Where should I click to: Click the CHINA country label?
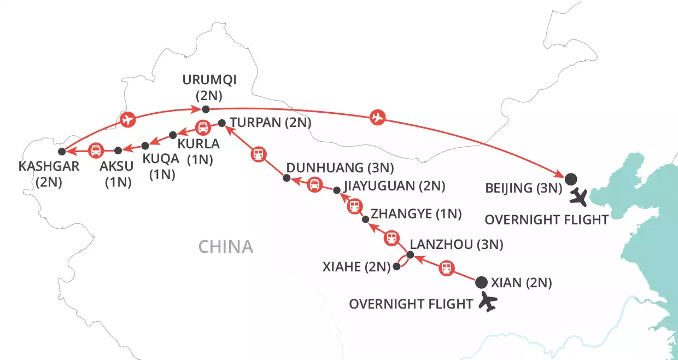[226, 247]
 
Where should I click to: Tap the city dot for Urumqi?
[206, 109]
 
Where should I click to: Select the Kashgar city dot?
[62, 151]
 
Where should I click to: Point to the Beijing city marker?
[570, 178]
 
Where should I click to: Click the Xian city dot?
[481, 282]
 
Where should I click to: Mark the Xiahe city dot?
[396, 268]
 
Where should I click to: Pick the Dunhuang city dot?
[285, 178]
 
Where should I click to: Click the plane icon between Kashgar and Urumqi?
[127, 119]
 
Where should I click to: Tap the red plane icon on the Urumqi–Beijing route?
[376, 117]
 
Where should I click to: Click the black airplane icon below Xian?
[489, 301]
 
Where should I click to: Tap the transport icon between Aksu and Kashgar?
[95, 150]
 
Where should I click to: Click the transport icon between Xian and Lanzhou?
[447, 268]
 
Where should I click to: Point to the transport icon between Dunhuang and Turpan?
[259, 154]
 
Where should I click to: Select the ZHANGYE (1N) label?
[416, 214]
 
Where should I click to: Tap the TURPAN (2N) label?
[270, 124]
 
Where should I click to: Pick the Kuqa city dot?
[145, 146]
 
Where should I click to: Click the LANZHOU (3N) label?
[456, 245]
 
